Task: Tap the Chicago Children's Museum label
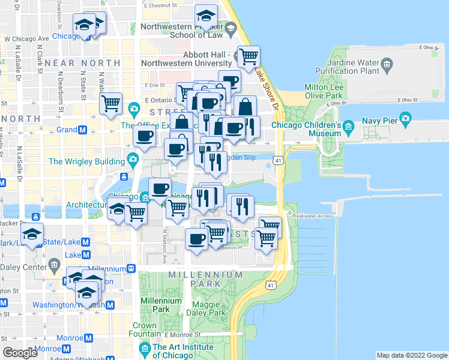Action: coord(306,129)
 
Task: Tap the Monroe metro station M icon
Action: coord(89,337)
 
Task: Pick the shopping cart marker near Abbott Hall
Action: coord(249,57)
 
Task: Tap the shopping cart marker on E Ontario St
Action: coord(110,103)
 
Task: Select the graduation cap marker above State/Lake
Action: coord(31,234)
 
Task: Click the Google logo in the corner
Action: coord(20,353)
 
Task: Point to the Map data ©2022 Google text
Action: coord(412,355)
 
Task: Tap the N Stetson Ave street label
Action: coord(164,247)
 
